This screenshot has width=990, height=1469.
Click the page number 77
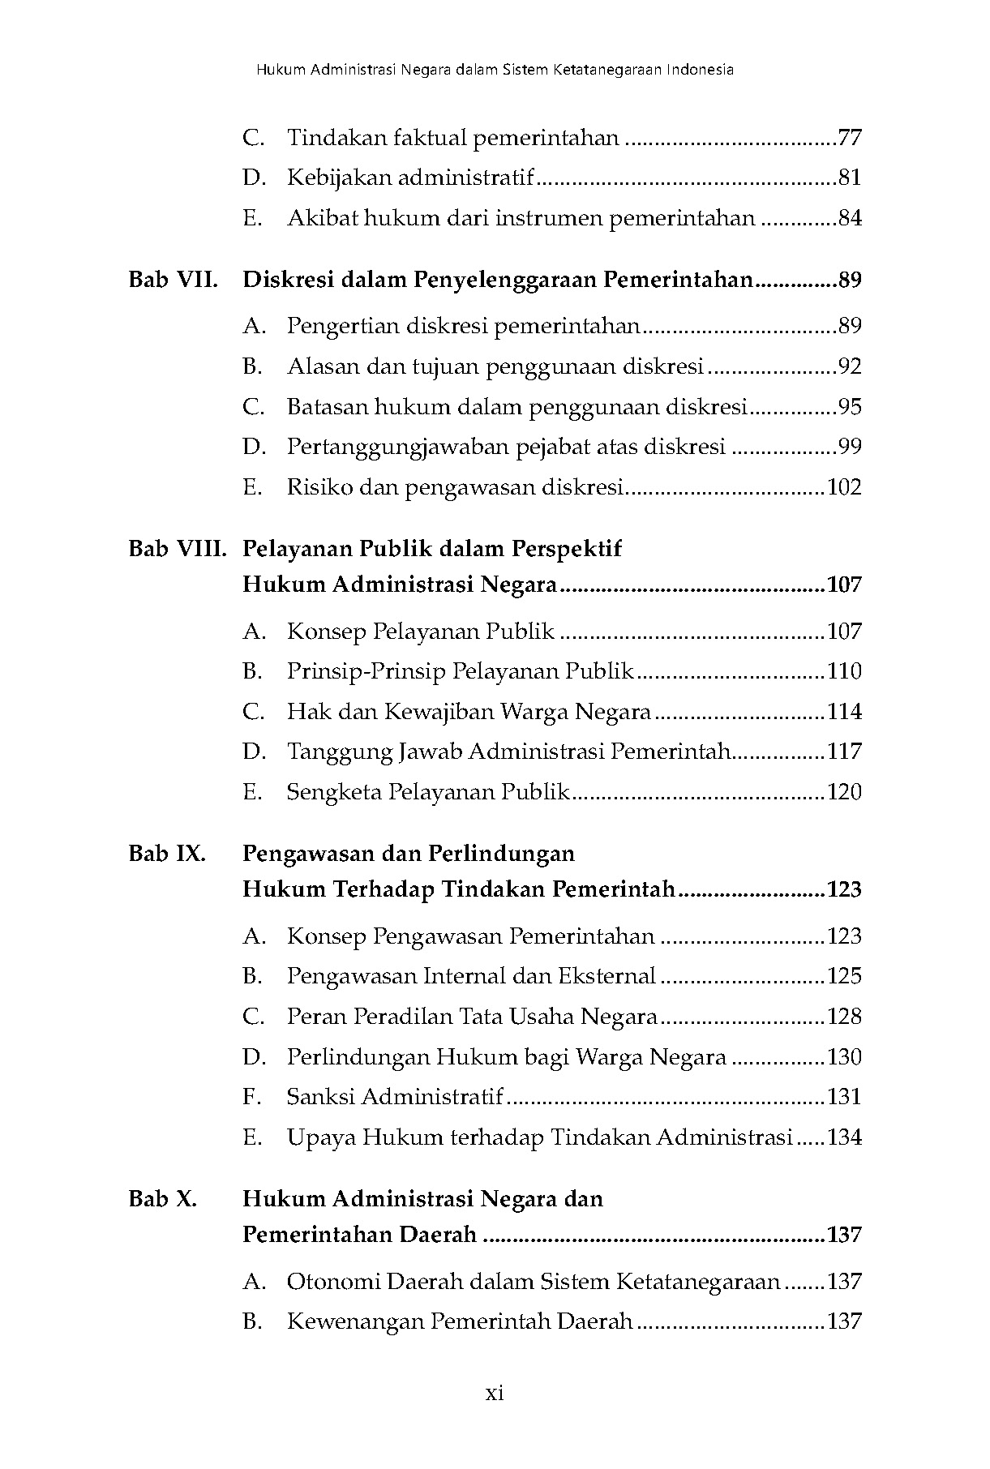(849, 138)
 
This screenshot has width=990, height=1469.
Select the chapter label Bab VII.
(173, 281)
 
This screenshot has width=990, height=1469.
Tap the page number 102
(843, 487)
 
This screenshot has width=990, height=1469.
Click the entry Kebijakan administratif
(411, 178)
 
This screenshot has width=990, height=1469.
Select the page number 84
(849, 218)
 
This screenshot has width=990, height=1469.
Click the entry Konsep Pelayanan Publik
(421, 631)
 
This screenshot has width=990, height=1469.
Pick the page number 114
(843, 712)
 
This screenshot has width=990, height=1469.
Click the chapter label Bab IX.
(167, 854)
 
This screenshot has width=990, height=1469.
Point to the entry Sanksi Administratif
(395, 1097)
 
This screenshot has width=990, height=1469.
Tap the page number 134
(843, 1137)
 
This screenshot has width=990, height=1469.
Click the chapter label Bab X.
(163, 1199)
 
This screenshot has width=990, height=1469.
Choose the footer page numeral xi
(495, 1393)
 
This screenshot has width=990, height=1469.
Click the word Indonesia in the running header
(701, 70)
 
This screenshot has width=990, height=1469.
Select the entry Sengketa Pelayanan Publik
(428, 792)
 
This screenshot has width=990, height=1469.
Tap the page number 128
(843, 1017)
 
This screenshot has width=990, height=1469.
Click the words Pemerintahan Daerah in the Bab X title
(359, 1236)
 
